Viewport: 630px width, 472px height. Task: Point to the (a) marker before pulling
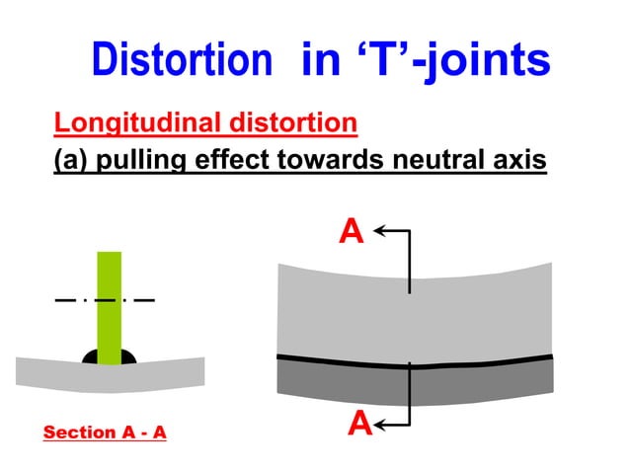coord(73,159)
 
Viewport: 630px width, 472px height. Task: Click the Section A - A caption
coord(105,433)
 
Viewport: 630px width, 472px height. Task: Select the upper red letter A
coord(352,231)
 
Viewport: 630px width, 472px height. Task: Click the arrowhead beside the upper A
coord(381,231)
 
